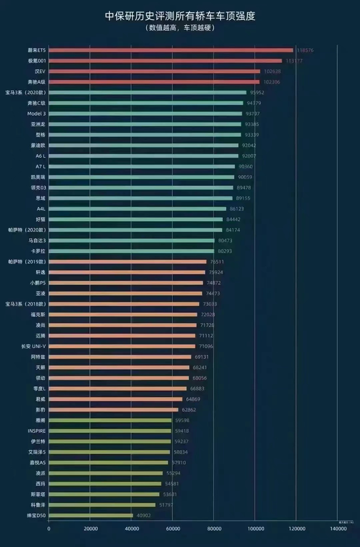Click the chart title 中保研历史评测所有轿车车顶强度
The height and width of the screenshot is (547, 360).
pyautogui.click(x=180, y=16)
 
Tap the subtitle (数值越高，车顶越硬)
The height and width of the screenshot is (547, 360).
pyautogui.click(x=180, y=28)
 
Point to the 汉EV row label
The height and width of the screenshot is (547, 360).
pyautogui.click(x=39, y=71)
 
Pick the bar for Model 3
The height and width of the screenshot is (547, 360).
pyautogui.click(x=146, y=114)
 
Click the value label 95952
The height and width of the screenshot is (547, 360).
pyautogui.click(x=258, y=92)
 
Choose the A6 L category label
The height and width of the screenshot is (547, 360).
pyautogui.click(x=40, y=156)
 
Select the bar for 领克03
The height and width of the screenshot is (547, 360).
pyautogui.click(x=141, y=187)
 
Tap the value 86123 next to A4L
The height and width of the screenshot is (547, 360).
pyautogui.click(x=237, y=209)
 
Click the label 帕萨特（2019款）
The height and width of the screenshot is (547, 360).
pyautogui.click(x=26, y=262)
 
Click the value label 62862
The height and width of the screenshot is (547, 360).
pyautogui.click(x=189, y=410)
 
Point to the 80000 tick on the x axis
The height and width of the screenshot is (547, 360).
pyautogui.click(x=214, y=529)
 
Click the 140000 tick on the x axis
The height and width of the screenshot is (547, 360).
pyautogui.click(x=337, y=529)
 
